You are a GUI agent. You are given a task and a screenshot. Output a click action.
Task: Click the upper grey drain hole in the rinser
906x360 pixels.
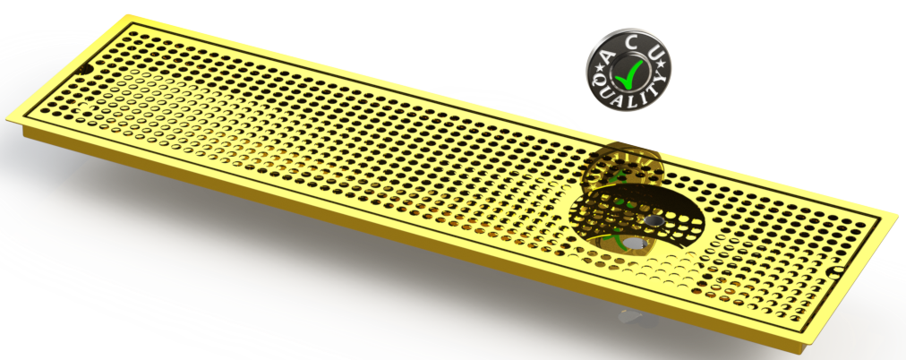pyautogui.click(x=656, y=219)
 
